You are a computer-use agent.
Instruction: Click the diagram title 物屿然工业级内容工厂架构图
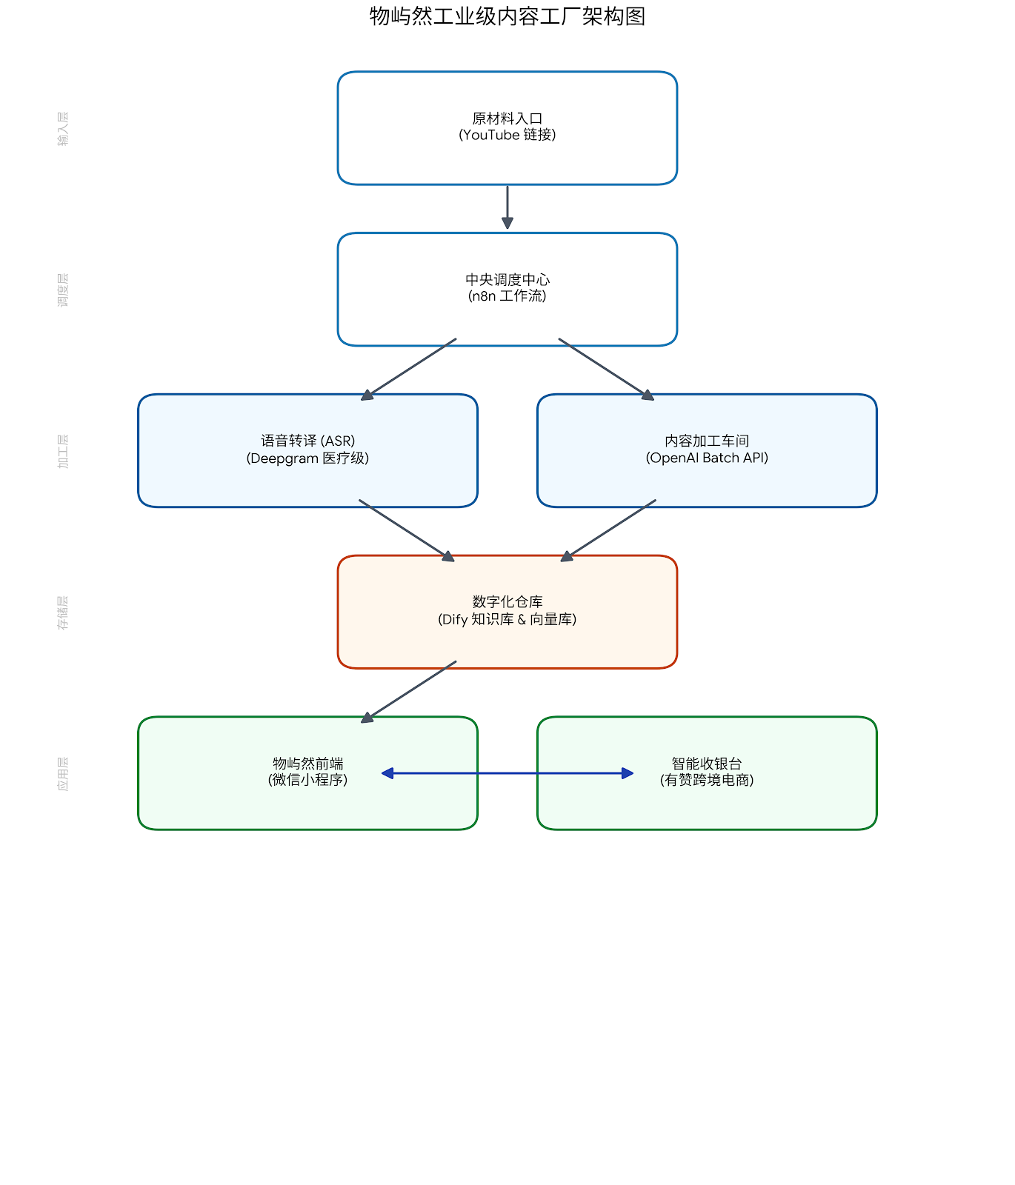[507, 16]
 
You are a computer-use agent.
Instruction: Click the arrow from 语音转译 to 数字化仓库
[406, 530]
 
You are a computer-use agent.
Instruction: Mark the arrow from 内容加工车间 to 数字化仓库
[609, 530]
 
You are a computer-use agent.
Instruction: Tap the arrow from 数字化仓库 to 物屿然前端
[409, 692]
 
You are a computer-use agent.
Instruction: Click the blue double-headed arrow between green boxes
[507, 773]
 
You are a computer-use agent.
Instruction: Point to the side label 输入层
[63, 128]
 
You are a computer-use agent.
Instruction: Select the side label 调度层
[63, 290]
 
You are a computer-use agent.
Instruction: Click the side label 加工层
[63, 451]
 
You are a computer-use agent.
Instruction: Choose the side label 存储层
[63, 612]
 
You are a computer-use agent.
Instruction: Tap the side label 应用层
[63, 773]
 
